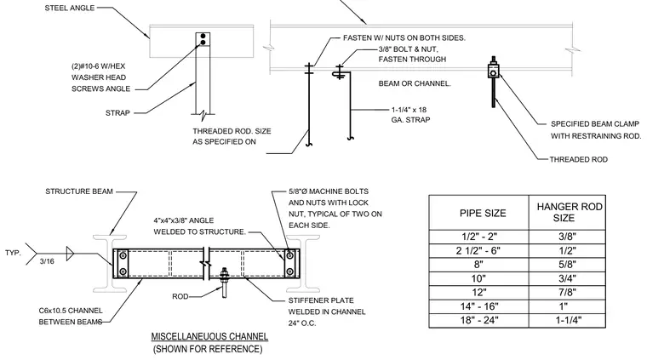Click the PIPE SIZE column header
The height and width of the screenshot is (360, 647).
click(x=483, y=214)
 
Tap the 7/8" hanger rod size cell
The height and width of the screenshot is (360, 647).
click(x=567, y=293)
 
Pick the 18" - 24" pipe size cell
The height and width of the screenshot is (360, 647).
click(x=479, y=320)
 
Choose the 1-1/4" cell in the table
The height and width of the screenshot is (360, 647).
click(x=568, y=320)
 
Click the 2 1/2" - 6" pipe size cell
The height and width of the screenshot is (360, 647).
click(x=478, y=251)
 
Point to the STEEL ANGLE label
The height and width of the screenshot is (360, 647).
click(x=69, y=8)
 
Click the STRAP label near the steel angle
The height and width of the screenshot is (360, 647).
click(x=117, y=113)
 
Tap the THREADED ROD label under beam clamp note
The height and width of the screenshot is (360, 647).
click(x=579, y=160)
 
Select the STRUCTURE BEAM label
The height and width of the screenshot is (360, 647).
click(x=79, y=191)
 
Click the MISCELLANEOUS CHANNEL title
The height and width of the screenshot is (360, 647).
click(x=209, y=336)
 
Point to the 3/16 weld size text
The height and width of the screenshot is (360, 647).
click(x=47, y=261)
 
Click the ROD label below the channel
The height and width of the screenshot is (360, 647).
click(x=180, y=296)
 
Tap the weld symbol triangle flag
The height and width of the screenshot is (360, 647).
click(x=70, y=254)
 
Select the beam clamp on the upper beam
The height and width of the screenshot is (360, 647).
click(x=493, y=71)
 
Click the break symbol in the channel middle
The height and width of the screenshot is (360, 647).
click(x=205, y=264)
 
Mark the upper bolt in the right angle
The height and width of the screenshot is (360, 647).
click(x=289, y=256)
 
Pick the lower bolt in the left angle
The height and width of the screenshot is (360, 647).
click(x=123, y=272)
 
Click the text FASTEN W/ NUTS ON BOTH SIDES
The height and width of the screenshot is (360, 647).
click(x=404, y=38)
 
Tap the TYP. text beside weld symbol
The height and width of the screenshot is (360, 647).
click(x=13, y=253)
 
